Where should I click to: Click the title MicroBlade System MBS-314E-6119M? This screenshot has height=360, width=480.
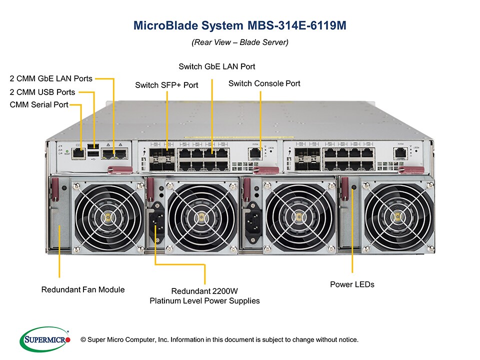click(x=239, y=25)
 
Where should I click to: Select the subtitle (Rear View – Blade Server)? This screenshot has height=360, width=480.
click(x=239, y=42)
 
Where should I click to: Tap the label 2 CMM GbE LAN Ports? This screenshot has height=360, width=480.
click(x=51, y=78)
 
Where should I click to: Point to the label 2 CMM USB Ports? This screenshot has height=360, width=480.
click(x=42, y=92)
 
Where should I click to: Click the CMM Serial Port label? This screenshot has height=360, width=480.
click(x=39, y=105)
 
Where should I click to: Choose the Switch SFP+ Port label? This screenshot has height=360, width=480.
click(x=166, y=85)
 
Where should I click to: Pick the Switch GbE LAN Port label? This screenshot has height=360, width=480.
click(x=217, y=66)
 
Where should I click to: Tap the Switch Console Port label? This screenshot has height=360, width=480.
click(x=264, y=83)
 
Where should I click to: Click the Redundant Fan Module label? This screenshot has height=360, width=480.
click(x=83, y=289)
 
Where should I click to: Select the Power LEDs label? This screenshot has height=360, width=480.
click(x=352, y=284)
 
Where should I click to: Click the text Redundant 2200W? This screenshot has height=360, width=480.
click(x=204, y=291)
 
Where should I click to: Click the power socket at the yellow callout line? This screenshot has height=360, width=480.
click(x=155, y=218)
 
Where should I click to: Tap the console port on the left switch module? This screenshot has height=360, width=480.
click(x=255, y=152)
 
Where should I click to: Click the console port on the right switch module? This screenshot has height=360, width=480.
click(x=399, y=152)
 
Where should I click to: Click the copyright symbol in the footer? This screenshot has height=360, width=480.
click(x=83, y=340)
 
